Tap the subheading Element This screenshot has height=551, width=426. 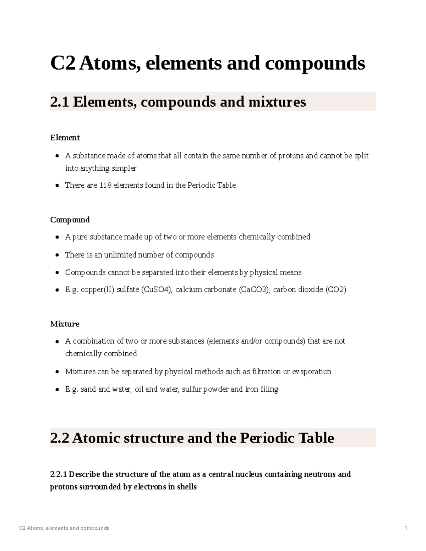[x=65, y=138]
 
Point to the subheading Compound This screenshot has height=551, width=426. [x=70, y=220]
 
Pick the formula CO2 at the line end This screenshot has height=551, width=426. [x=335, y=290]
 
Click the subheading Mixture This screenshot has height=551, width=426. [x=65, y=324]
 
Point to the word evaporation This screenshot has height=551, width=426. [x=312, y=371]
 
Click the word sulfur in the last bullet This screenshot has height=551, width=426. [x=191, y=389]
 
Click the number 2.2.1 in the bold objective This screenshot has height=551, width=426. [x=59, y=474]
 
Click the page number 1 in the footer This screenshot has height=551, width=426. [x=406, y=528]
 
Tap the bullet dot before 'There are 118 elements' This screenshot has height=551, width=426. [x=57, y=186]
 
